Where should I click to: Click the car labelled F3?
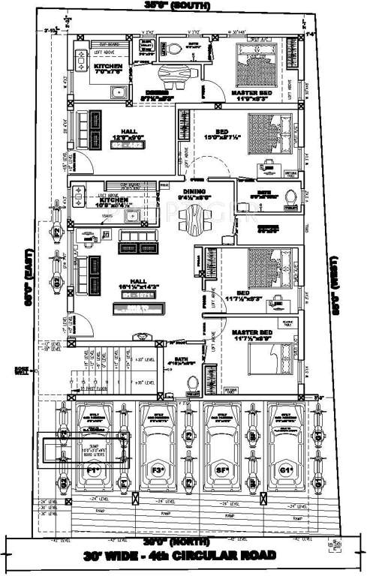158,450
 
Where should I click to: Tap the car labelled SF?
223,450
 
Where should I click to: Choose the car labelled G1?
286,450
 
